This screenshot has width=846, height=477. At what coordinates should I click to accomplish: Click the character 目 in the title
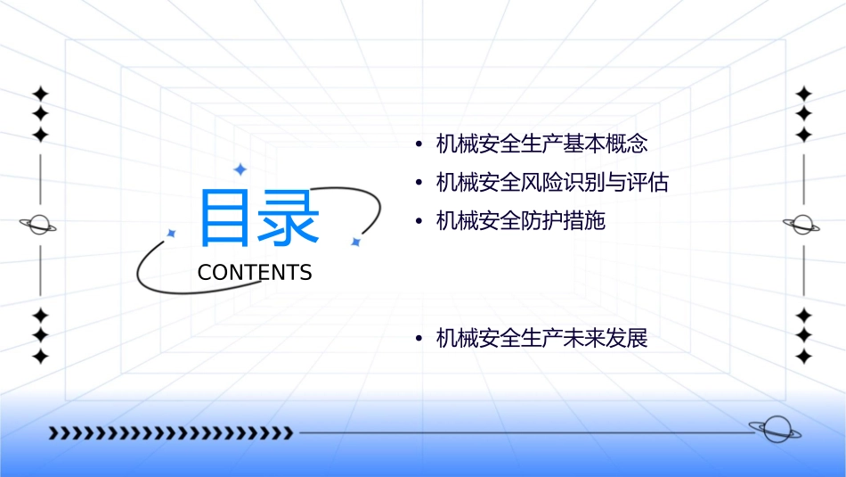pyautogui.click(x=226, y=217)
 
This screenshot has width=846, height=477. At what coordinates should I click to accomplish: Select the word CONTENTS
pyautogui.click(x=255, y=273)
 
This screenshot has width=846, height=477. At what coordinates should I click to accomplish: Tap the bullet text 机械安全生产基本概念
pyautogui.click(x=541, y=144)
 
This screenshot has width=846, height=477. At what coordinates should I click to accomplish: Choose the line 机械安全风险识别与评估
pyautogui.click(x=552, y=183)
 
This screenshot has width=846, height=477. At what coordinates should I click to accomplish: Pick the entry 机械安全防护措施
pyautogui.click(x=521, y=221)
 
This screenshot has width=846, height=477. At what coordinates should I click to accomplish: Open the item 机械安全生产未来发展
pyautogui.click(x=541, y=339)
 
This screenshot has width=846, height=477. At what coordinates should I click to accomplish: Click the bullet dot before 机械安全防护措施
pyautogui.click(x=419, y=221)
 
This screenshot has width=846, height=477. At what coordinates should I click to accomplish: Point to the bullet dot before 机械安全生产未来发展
pyautogui.click(x=419, y=339)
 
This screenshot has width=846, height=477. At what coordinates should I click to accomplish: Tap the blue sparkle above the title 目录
pyautogui.click(x=240, y=169)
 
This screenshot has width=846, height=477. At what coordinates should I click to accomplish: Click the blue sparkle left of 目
pyautogui.click(x=172, y=233)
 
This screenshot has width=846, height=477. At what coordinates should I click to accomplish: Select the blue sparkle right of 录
pyautogui.click(x=355, y=242)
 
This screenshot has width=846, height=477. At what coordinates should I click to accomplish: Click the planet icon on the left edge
pyautogui.click(x=39, y=226)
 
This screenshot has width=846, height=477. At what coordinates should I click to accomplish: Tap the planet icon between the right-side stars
pyautogui.click(x=802, y=225)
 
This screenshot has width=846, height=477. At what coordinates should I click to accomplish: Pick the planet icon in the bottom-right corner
pyautogui.click(x=774, y=430)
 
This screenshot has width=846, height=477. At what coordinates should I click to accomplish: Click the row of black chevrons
pyautogui.click(x=170, y=433)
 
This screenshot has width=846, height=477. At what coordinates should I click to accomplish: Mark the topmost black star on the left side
pyautogui.click(x=40, y=94)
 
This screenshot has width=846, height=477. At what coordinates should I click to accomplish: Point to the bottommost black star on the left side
pyautogui.click(x=40, y=357)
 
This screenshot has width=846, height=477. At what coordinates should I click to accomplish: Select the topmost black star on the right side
pyautogui.click(x=803, y=94)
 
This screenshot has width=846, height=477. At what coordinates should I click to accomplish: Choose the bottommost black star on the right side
pyautogui.click(x=803, y=357)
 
